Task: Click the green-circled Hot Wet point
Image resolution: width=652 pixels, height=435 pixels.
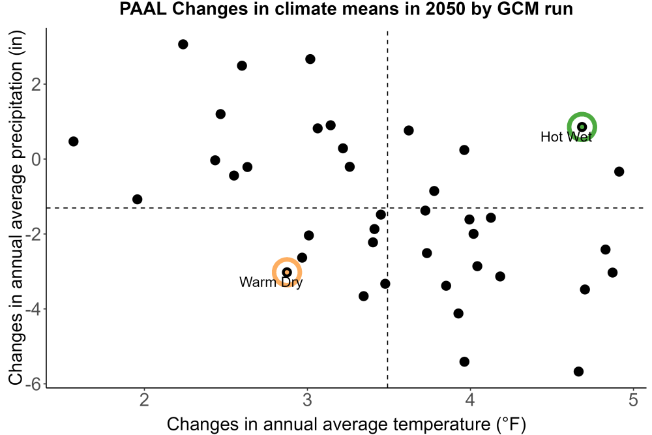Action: tap(582, 127)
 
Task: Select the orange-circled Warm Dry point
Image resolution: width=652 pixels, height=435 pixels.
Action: tap(286, 273)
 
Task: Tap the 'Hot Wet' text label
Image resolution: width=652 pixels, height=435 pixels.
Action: tap(566, 137)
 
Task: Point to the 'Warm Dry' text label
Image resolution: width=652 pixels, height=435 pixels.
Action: tap(271, 282)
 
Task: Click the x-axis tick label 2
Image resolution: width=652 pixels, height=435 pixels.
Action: tap(144, 400)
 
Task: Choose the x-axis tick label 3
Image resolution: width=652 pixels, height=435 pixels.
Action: tap(307, 400)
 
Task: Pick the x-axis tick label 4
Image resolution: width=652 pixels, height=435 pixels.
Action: tap(470, 400)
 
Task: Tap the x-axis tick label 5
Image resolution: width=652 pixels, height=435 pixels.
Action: tap(633, 400)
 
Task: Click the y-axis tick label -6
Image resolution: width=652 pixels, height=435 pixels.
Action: tap(33, 384)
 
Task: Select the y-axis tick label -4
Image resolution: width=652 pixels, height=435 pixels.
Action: tap(33, 309)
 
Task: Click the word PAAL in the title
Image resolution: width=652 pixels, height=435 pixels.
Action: tap(142, 8)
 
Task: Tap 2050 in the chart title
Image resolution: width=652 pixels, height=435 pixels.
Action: tap(445, 8)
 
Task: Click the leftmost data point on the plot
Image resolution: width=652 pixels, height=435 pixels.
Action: tap(73, 142)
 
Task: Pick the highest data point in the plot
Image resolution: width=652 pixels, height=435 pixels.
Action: tap(183, 44)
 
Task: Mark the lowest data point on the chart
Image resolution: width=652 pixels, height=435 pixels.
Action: tap(578, 371)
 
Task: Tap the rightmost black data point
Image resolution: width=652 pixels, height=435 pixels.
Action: tap(619, 172)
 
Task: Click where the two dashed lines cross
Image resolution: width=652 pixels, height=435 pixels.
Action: tap(387, 207)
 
